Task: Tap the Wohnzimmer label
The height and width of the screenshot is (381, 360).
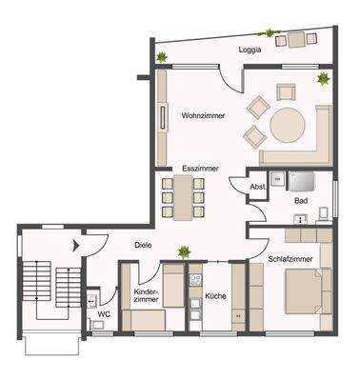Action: pyautogui.click(x=201, y=116)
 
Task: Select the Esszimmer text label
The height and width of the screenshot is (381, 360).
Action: pyautogui.click(x=200, y=168)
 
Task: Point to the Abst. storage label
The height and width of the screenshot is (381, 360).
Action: pyautogui.click(x=257, y=188)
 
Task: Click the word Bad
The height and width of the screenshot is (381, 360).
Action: pyautogui.click(x=300, y=201)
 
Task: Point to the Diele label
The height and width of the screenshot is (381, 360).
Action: pyautogui.click(x=143, y=243)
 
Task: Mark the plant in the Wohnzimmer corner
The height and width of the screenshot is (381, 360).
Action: pyautogui.click(x=322, y=77)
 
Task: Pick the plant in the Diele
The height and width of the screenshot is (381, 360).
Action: pyautogui.click(x=182, y=251)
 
